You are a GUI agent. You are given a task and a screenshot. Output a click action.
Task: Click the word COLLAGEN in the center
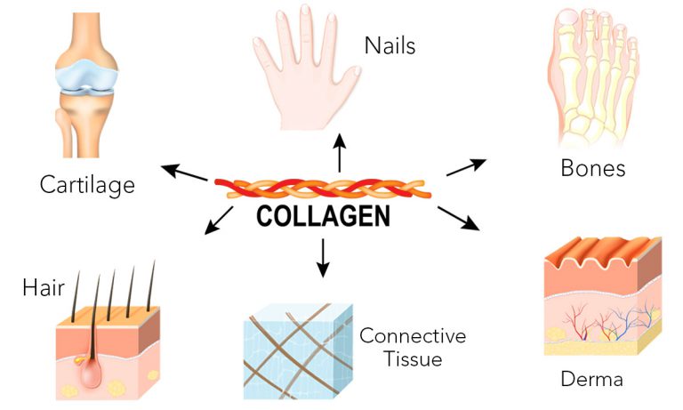(322, 217)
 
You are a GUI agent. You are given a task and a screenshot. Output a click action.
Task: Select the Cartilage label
(87, 185)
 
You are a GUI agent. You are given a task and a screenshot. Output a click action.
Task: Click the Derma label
(591, 380)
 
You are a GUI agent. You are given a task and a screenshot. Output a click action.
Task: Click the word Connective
(412, 336)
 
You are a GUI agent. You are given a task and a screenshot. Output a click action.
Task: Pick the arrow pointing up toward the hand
(338, 152)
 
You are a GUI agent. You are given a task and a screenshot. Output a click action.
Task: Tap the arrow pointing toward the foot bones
(465, 166)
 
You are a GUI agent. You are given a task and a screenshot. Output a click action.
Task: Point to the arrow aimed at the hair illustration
(219, 221)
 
